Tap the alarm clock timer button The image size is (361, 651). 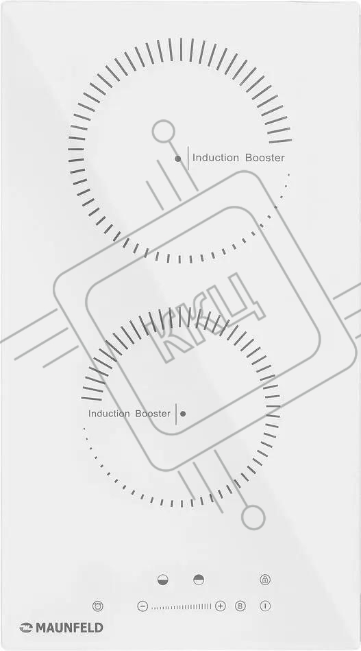click(98, 606)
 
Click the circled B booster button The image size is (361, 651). click(240, 606)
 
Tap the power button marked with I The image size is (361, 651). click(265, 606)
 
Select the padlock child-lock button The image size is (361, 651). click(265, 580)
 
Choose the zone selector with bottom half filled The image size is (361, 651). click(163, 580)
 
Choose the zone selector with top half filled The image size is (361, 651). click(199, 580)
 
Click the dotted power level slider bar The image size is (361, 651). click(181, 606)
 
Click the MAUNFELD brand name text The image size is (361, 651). click(69, 628)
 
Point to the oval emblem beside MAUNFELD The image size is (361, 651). click(26, 628)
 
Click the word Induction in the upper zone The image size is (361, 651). click(216, 158)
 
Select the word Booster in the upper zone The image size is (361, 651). click(265, 158)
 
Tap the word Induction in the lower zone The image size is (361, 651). click(109, 414)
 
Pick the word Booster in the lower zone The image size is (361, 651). click(153, 414)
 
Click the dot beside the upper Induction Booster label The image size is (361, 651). click(178, 158)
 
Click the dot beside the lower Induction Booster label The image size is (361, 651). click(183, 414)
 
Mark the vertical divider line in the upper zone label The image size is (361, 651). click(188, 158)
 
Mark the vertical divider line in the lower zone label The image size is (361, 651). click(176, 414)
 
